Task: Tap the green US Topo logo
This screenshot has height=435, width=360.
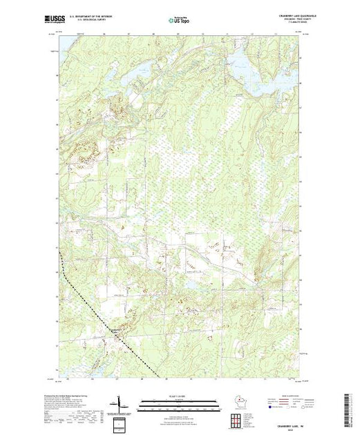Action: click(x=180, y=19)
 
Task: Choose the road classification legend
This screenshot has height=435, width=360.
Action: click(x=281, y=401)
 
